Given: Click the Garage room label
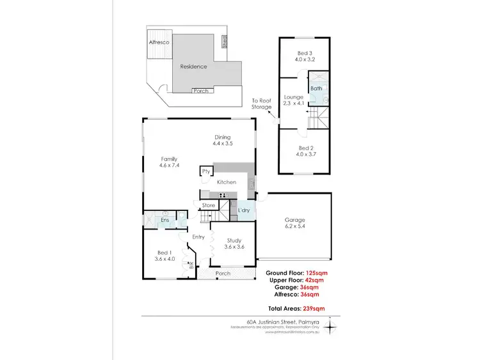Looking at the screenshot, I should (x=295, y=220).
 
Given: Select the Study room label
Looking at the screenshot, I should (x=234, y=240).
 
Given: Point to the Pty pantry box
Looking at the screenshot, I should (x=206, y=171).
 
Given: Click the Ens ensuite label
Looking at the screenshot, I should (x=164, y=220).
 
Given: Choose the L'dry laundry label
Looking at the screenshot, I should (x=244, y=210).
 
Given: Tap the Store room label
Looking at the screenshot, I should (x=208, y=205).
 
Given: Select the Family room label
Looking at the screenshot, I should (x=168, y=159).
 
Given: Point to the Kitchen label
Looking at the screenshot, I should (x=227, y=182).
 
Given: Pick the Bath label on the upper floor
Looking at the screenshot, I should (x=316, y=88).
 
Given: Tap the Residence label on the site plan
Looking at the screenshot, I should (x=193, y=66).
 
